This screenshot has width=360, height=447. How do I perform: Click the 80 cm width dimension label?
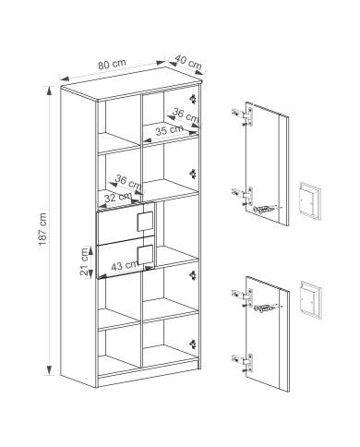click(x=112, y=64)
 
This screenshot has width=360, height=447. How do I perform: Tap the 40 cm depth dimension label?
click(x=188, y=62)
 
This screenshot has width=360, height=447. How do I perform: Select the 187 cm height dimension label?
click(x=42, y=229)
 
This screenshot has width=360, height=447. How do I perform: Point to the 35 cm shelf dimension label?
click(x=169, y=130)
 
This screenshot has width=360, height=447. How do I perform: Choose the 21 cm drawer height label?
click(x=84, y=261)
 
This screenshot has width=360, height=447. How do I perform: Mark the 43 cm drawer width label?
click(x=125, y=265)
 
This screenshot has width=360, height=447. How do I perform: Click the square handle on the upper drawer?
click(x=145, y=222)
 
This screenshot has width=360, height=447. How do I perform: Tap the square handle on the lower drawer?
click(x=145, y=255)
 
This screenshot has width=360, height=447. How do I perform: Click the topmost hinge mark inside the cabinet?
click(x=193, y=99)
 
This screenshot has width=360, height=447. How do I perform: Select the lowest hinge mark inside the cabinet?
click(x=193, y=344)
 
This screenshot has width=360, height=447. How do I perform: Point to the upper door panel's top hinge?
click(x=244, y=116)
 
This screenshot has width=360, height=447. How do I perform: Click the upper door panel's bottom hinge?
click(x=244, y=196)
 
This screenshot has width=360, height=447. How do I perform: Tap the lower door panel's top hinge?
click(x=244, y=297)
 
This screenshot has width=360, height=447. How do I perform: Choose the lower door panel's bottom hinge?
click(x=244, y=363)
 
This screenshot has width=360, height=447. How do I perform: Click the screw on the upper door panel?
click(x=265, y=210)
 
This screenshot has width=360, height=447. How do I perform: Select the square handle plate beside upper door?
click(x=310, y=200)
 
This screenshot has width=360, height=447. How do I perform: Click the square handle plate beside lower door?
click(x=311, y=299)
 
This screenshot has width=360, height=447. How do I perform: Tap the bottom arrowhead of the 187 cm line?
click(x=49, y=370)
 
